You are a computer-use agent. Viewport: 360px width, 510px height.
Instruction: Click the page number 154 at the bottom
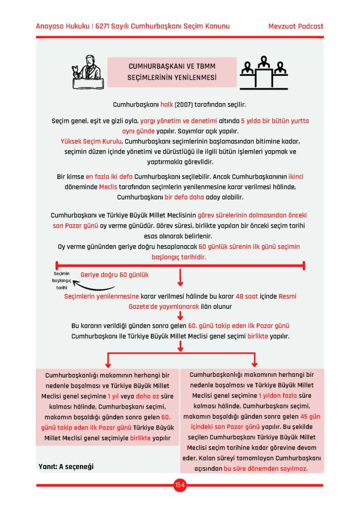pos(180,484)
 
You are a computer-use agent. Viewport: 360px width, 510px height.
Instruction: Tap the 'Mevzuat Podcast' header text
pos(296,27)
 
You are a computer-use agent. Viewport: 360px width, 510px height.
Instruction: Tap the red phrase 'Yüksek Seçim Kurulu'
pos(91,141)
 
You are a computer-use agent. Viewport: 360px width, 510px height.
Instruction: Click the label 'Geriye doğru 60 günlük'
pos(115,274)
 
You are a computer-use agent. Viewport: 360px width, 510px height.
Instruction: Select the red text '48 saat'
pos(247,296)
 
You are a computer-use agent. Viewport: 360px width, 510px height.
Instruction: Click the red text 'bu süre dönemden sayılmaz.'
pos(265,469)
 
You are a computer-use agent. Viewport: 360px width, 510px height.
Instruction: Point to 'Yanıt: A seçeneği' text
pos(66,466)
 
